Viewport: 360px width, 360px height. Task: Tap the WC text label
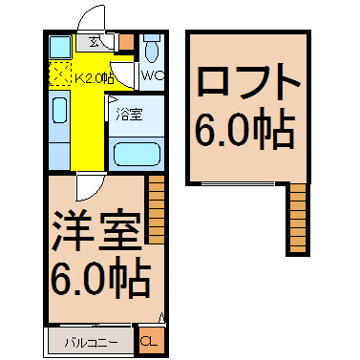point(152,74)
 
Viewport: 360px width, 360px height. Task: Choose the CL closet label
point(151,341)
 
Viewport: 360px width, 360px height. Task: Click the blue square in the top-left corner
point(58,46)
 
